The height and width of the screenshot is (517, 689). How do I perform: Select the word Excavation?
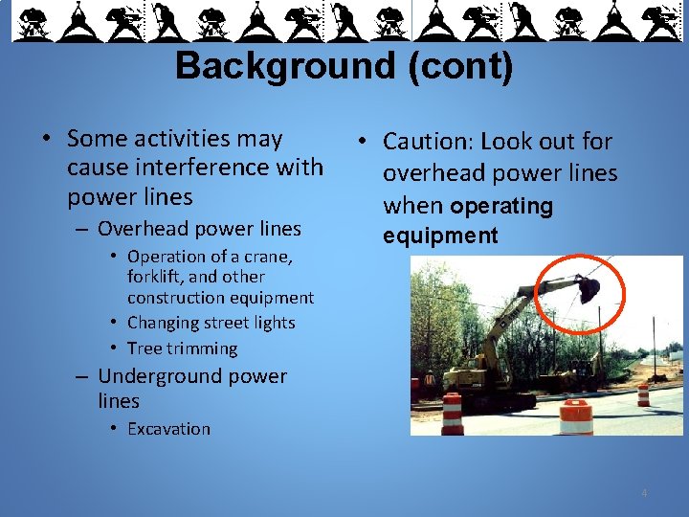pos(168,429)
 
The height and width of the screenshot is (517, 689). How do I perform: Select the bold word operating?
pos(501,206)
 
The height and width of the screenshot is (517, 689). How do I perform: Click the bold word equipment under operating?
pos(440,236)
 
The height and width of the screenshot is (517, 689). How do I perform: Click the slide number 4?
pos(644,493)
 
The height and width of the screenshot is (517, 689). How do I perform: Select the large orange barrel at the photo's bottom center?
pos(576,417)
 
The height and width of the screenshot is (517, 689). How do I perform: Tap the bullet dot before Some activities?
pos(46,140)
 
